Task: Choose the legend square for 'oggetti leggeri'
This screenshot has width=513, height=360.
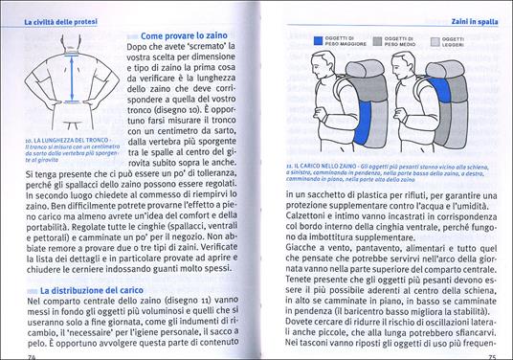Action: point(435,41)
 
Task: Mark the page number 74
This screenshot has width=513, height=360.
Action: point(33,355)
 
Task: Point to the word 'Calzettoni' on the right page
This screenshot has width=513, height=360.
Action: point(305,216)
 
